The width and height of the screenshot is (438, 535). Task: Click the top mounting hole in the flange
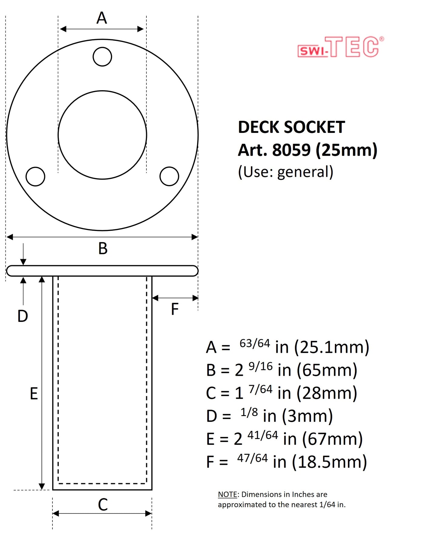[x=102, y=57]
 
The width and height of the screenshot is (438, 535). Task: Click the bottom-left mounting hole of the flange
[x=35, y=176]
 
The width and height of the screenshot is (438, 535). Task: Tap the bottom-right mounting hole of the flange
[x=169, y=176]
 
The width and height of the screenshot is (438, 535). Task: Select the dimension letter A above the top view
[x=102, y=18]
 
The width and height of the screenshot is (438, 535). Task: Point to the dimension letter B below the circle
[x=103, y=249]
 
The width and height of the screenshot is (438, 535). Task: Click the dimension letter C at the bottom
[x=103, y=505]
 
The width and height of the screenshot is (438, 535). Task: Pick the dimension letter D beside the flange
[x=23, y=316]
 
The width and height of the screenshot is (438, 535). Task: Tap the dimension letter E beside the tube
[x=34, y=394]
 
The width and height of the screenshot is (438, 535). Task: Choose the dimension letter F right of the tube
[x=175, y=309]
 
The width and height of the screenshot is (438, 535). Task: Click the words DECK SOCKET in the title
[x=291, y=127]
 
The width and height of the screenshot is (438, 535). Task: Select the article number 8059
[x=291, y=150]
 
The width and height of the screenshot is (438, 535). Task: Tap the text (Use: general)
[x=286, y=172]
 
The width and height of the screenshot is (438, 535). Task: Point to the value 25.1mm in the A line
[x=332, y=347]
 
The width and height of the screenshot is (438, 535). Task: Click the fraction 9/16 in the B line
[x=260, y=366]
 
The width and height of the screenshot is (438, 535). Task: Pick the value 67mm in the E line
[x=333, y=439]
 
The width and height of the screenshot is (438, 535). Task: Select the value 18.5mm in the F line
[x=329, y=462]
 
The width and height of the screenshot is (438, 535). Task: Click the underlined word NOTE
[x=227, y=494]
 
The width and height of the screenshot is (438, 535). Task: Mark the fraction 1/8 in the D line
[x=249, y=412]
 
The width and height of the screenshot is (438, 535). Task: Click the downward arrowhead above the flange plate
[x=23, y=262]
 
